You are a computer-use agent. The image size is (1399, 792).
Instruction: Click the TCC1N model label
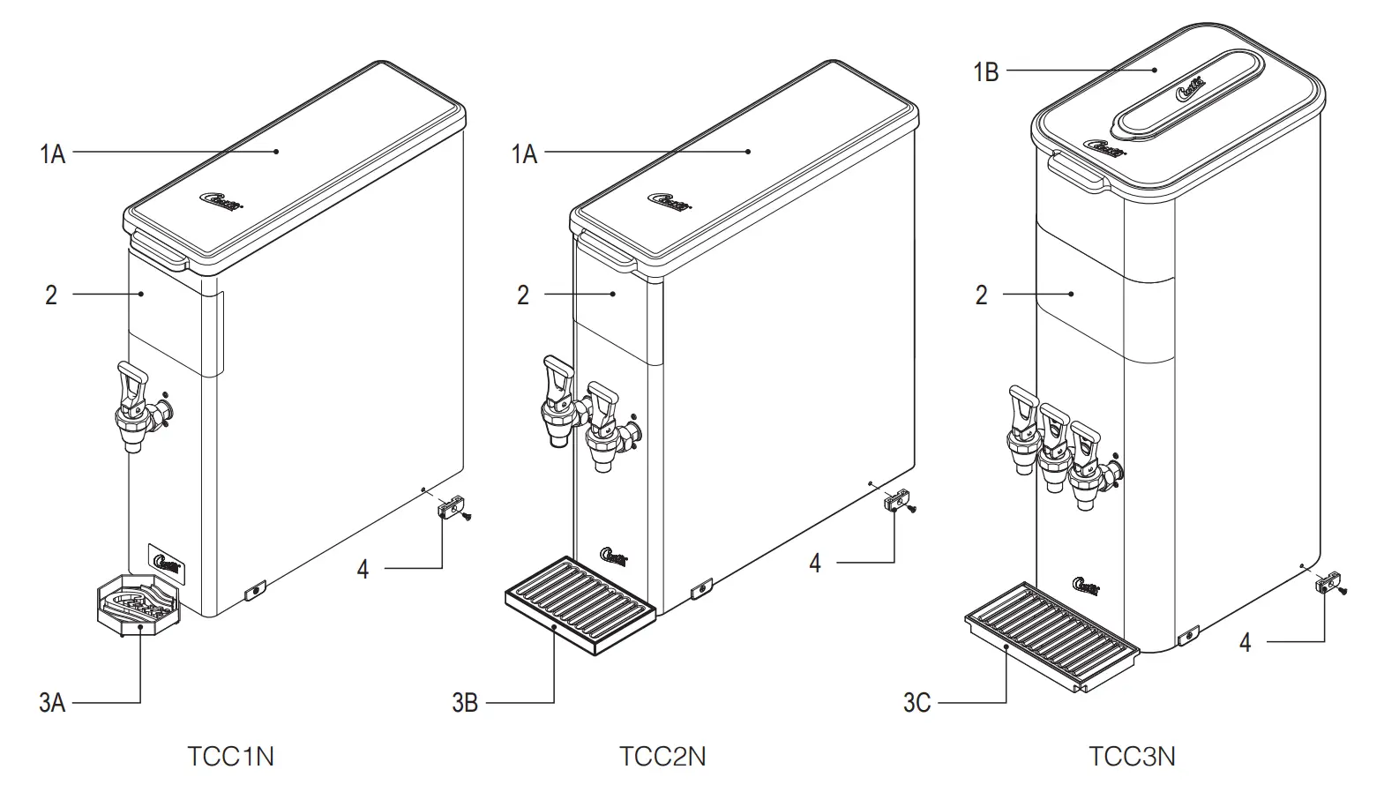click(x=230, y=757)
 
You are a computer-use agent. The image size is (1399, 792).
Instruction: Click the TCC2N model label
click(x=662, y=757)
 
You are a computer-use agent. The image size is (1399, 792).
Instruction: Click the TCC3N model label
click(x=1132, y=757)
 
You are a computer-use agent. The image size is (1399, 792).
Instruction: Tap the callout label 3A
click(x=52, y=703)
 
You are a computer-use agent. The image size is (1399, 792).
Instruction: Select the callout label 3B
click(x=465, y=703)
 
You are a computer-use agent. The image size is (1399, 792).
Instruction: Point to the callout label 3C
click(x=916, y=703)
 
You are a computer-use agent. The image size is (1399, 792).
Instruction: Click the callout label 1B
click(x=985, y=71)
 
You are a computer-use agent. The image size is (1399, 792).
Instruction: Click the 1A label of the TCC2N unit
click(x=524, y=154)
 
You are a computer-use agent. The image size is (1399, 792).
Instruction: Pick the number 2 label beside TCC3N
click(x=981, y=295)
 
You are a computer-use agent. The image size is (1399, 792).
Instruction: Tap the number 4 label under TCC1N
click(x=363, y=569)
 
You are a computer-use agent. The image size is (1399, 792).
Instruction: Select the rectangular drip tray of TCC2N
click(x=580, y=606)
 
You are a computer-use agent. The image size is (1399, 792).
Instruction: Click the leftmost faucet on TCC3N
click(x=1023, y=429)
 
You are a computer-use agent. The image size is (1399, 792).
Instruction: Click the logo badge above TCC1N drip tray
click(x=167, y=561)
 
